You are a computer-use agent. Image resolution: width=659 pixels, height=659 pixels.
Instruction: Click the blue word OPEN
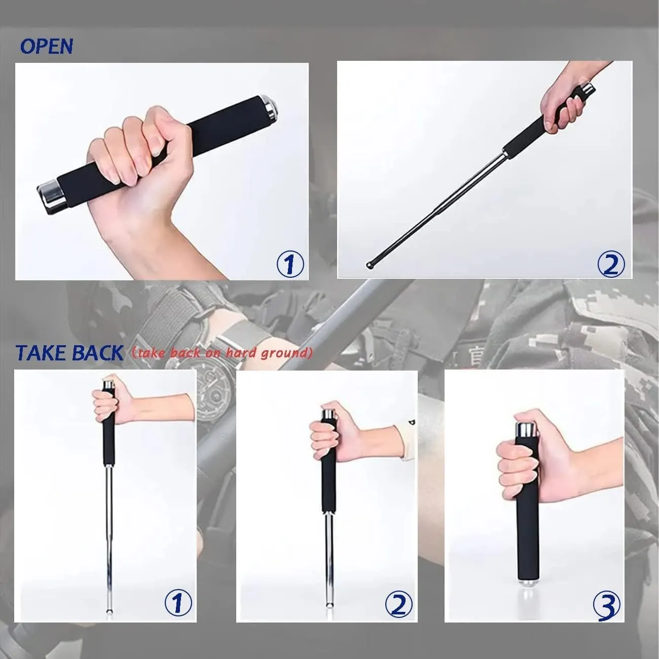(47, 46)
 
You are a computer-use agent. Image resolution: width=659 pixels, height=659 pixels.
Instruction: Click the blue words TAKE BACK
(69, 353)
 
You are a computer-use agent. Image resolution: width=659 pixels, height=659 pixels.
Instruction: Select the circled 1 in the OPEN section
(290, 264)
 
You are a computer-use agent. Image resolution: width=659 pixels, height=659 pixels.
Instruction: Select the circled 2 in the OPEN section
(611, 265)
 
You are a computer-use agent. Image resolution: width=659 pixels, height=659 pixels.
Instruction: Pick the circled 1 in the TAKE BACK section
(178, 621)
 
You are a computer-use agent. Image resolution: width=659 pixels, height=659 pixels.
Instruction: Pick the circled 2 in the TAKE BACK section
(399, 621)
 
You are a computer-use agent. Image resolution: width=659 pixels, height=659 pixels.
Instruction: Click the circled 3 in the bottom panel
(606, 623)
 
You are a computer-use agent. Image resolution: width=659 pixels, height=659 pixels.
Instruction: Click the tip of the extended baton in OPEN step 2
(370, 265)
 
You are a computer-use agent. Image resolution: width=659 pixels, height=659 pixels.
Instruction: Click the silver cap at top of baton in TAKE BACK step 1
(108, 384)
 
